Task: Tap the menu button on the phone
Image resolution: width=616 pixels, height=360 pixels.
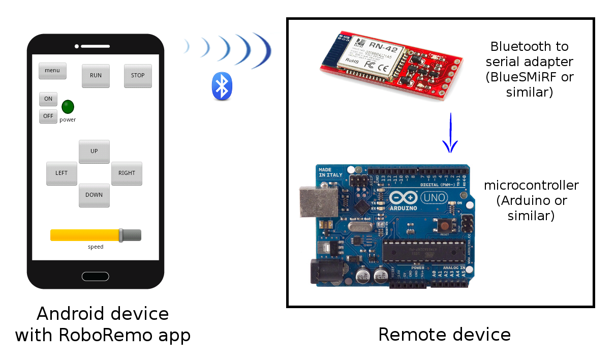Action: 52,71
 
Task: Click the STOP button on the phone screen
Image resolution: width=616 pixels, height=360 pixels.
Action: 138,76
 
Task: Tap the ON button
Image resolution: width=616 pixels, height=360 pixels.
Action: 48,99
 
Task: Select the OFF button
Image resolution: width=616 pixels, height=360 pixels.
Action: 48,116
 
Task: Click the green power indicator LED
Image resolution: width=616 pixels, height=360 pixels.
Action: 68,107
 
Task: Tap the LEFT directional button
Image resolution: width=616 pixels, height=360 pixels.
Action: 61,173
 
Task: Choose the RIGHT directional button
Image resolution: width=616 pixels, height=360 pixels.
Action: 127,173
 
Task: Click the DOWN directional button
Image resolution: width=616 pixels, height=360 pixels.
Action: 94,195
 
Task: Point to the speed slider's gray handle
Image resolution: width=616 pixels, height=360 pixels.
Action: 121,235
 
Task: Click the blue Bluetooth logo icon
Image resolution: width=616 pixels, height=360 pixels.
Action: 222,86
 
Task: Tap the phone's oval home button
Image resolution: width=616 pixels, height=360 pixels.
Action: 95,276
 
